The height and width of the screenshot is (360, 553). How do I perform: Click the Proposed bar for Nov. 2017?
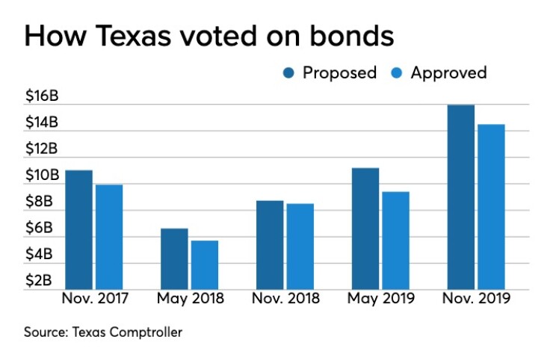[x=78, y=230]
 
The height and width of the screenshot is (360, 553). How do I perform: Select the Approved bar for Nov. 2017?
[x=108, y=237]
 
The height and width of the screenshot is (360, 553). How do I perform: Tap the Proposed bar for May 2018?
[x=174, y=259]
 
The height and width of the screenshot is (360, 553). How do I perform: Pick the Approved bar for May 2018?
[x=204, y=265]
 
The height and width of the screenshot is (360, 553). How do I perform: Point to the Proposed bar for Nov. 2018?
[x=270, y=245]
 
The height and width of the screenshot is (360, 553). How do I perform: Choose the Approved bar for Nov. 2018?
[x=300, y=246]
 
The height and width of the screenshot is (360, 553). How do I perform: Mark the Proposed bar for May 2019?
[x=365, y=229]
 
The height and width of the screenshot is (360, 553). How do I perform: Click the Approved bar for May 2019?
[x=395, y=240]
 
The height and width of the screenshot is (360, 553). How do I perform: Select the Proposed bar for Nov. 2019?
[x=460, y=197]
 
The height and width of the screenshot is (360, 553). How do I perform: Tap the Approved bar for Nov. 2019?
[x=491, y=207]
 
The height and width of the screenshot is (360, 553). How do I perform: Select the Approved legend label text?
[x=448, y=73]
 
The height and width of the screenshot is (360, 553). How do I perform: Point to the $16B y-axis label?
[x=42, y=96]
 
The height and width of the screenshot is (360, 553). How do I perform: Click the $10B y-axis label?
[x=42, y=175]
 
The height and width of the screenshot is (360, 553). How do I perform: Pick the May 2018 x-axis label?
[x=188, y=299]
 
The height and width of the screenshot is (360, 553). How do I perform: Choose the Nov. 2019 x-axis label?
[x=475, y=299]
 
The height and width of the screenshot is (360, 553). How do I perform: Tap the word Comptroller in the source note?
[x=144, y=332]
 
